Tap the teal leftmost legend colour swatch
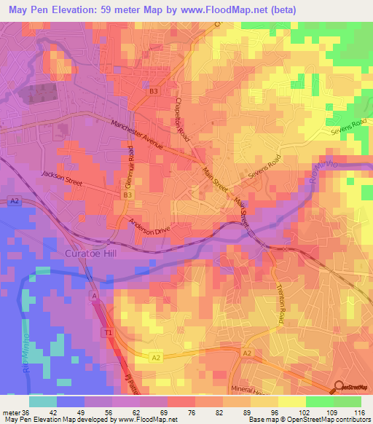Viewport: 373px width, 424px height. pos(42,401)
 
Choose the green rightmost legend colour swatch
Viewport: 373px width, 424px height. pos(348,401)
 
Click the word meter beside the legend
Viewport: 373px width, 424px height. pos(10,412)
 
